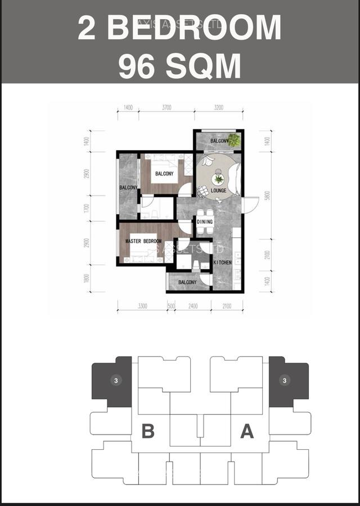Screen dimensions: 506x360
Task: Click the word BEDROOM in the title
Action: point(194,28)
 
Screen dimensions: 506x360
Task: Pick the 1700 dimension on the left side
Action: point(86,208)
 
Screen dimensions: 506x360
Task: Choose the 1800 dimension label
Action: point(86,279)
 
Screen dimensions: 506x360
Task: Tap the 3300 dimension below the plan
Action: point(142,306)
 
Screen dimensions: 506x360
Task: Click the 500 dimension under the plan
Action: point(170,306)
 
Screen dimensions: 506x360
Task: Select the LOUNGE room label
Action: point(218,191)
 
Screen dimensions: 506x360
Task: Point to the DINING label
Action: point(205,222)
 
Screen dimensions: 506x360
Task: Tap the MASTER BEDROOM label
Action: point(143,241)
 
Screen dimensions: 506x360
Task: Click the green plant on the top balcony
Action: point(233,140)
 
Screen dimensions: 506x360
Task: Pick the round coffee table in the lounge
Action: point(218,179)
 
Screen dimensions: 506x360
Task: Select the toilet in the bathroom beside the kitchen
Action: point(196,265)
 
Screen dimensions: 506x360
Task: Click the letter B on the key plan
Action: point(148,431)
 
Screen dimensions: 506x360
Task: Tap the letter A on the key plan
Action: point(246,431)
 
